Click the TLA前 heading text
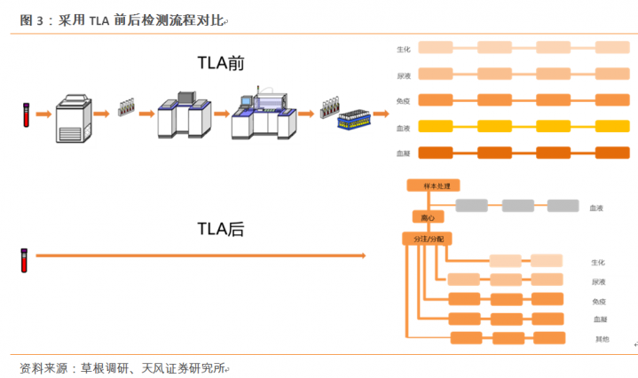221,63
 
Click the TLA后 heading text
221,230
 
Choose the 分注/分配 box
427,240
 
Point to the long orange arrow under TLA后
201,256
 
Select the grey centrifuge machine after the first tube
73,115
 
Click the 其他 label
602,339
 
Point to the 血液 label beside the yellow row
404,128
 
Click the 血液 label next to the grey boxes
597,208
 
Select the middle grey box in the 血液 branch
517,206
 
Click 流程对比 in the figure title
193,20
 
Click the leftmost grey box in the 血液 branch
471,206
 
